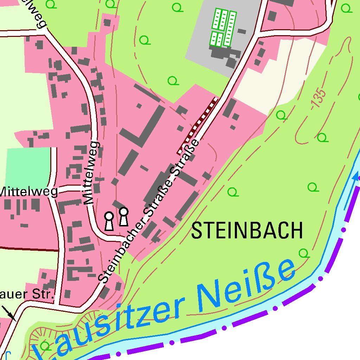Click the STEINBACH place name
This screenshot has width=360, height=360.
(x=247, y=231)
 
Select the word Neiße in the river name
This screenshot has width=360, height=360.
(x=246, y=285)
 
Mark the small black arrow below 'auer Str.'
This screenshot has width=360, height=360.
(x=9, y=313)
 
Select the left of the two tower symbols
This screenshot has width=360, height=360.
(x=109, y=221)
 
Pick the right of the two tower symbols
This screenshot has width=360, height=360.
(x=123, y=216)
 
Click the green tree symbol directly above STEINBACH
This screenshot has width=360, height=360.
(x=232, y=192)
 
